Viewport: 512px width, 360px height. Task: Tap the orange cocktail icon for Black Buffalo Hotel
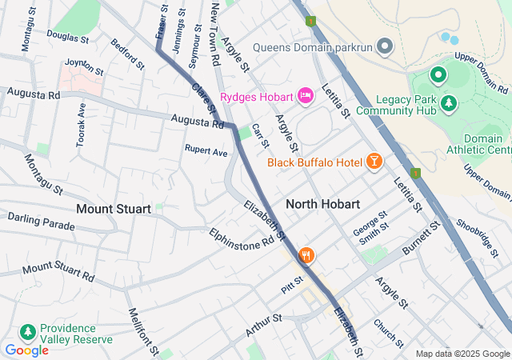pos(374,162)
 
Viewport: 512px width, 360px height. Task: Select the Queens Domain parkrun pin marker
pos(385,46)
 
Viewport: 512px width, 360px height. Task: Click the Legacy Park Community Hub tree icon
pos(449,102)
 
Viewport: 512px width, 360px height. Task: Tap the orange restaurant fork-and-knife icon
pos(306,256)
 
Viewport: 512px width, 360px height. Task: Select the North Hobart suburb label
pos(322,204)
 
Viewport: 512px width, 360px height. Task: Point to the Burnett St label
pos(422,238)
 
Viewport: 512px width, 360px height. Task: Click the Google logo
pos(26,350)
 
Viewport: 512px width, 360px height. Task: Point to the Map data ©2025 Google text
pos(462,354)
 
